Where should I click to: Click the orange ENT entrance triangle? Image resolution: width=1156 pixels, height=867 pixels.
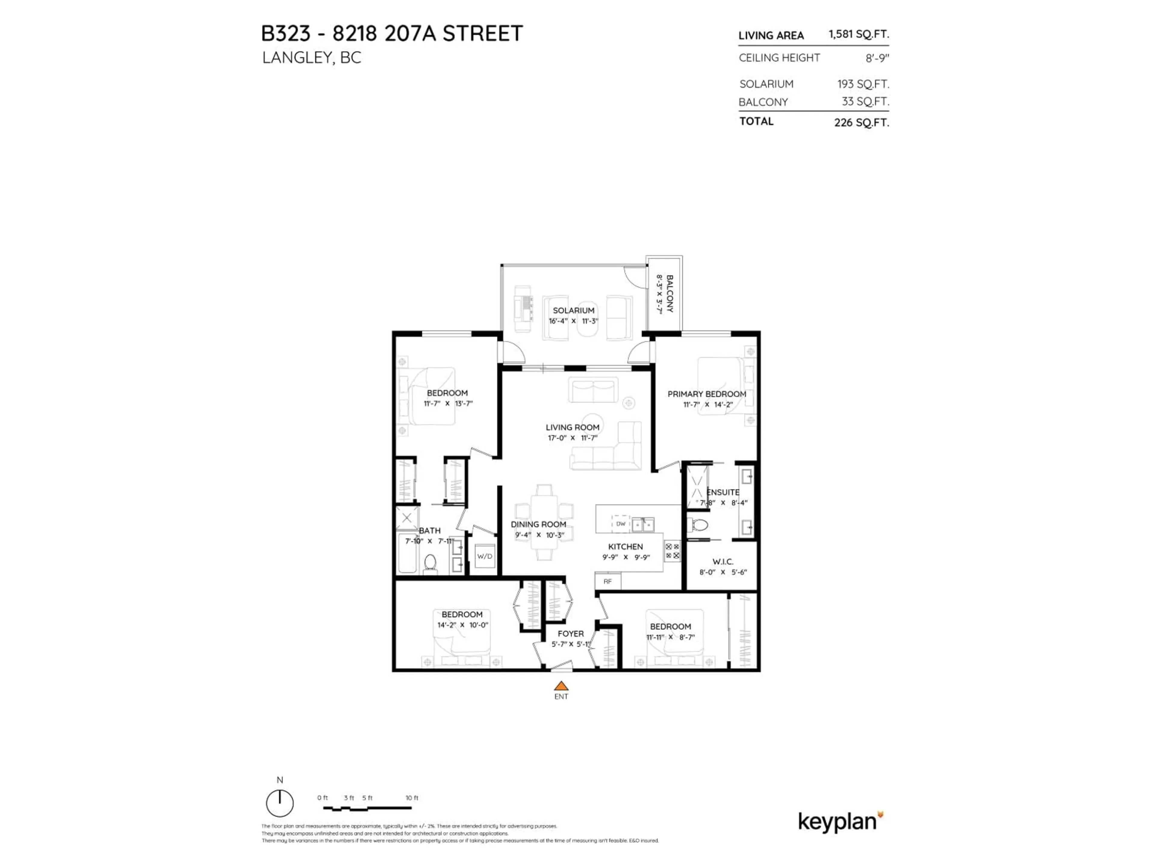[x=561, y=686]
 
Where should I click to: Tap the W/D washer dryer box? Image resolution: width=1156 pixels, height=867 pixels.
[x=484, y=557]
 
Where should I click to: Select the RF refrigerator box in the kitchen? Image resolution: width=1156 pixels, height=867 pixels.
[x=607, y=581]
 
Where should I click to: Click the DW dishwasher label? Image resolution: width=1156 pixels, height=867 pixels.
[x=620, y=524]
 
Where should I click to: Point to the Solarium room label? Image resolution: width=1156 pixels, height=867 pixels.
[x=573, y=310]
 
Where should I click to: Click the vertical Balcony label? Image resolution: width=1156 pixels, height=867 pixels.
[x=670, y=294]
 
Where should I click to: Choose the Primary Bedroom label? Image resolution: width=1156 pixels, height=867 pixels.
[x=707, y=394]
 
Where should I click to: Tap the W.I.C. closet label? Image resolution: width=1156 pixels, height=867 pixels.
[x=723, y=562]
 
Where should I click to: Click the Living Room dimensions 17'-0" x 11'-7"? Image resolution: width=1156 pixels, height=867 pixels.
[x=572, y=438]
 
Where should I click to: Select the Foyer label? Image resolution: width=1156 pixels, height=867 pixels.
[x=570, y=633]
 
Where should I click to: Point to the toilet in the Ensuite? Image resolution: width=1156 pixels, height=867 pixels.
[x=699, y=524]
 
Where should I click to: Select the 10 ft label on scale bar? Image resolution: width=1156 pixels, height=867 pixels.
[x=412, y=798]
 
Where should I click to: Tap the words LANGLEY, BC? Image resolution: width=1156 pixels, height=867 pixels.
[x=312, y=57]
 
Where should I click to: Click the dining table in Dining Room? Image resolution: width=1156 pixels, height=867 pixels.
[x=544, y=522]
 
